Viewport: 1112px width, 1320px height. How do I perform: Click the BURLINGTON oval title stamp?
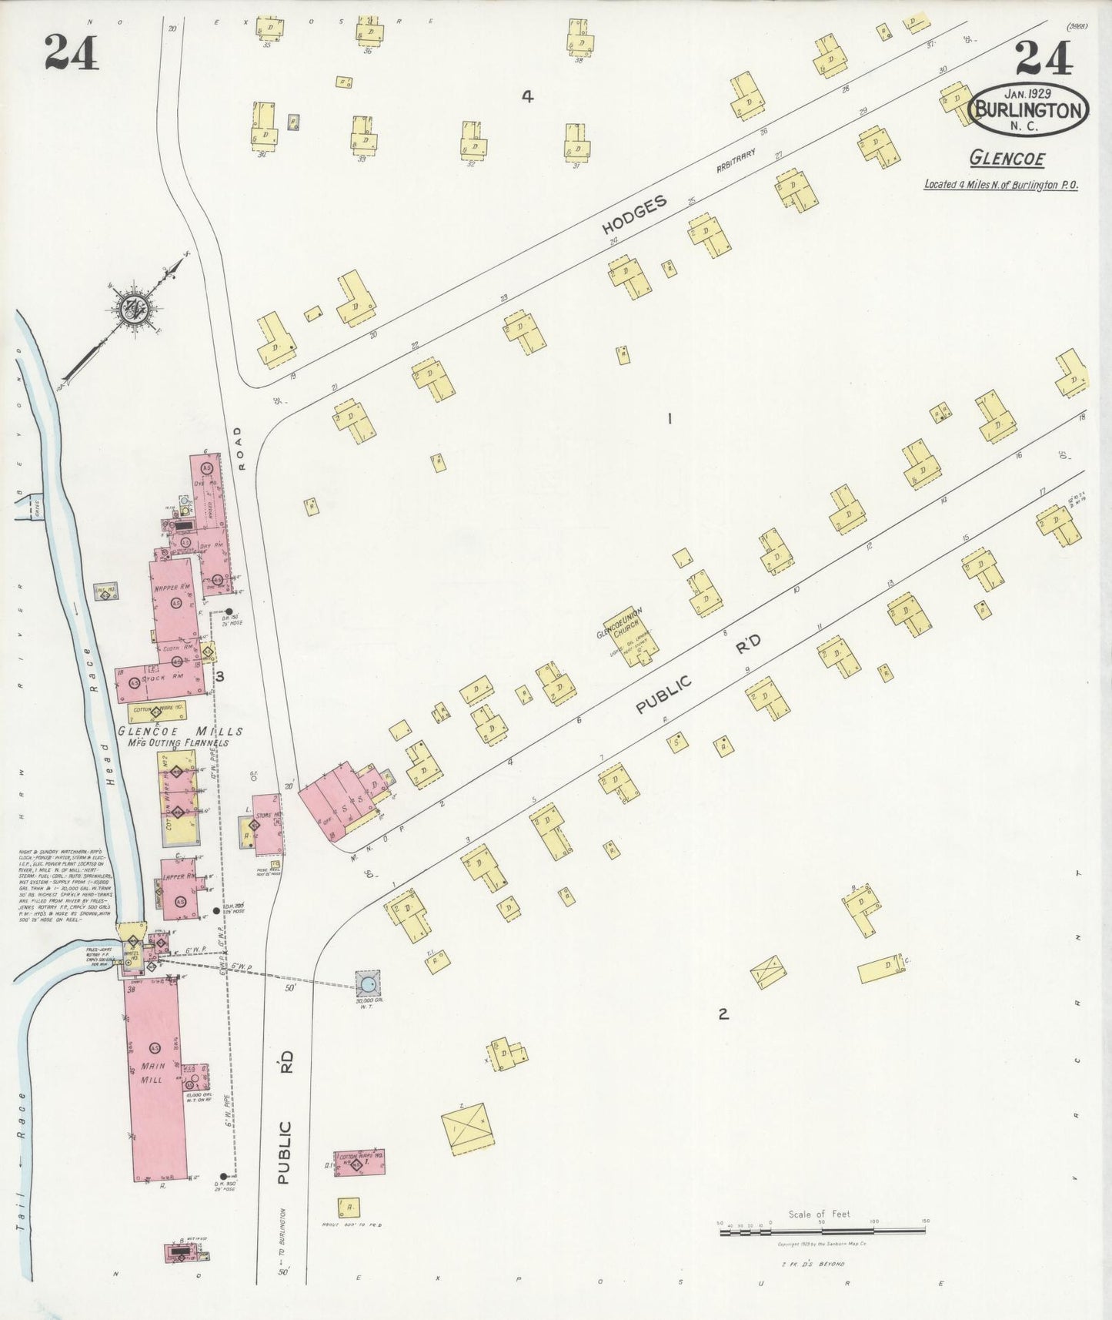(1031, 109)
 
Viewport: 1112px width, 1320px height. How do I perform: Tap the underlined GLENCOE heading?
(1007, 159)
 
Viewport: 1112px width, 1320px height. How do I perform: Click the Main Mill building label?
(152, 1072)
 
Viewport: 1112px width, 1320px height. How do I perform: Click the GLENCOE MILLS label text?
(180, 732)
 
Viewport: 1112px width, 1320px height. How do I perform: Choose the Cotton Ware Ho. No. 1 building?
(359, 1162)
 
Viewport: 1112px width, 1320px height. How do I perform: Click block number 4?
(527, 96)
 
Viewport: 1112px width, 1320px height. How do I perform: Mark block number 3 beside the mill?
(220, 677)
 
